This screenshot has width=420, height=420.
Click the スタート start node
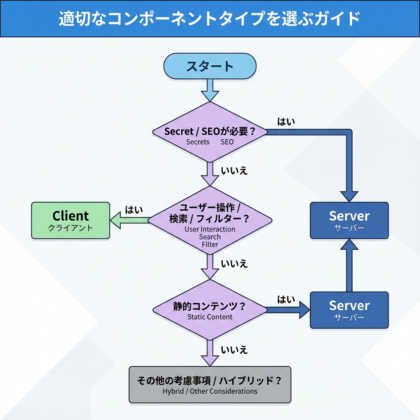coord(210,66)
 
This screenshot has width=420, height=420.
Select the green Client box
coord(71,220)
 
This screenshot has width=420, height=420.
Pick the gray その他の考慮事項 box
coord(210,385)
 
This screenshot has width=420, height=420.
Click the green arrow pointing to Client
coord(129,220)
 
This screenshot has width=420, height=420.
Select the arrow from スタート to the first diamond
coord(210,90)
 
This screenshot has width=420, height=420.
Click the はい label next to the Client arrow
coord(134,210)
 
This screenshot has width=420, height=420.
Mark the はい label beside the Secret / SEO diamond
coord(286,121)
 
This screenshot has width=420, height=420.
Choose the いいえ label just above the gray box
coord(234,350)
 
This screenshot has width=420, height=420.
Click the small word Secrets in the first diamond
coord(198,142)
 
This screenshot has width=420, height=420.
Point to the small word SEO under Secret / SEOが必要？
coord(227,142)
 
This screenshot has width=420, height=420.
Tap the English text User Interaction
coord(210,229)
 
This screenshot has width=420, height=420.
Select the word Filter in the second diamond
coord(210,244)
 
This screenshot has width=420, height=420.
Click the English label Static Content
coord(210,317)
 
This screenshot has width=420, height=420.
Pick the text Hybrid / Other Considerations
coord(210,391)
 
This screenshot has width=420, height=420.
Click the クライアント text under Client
coord(71,228)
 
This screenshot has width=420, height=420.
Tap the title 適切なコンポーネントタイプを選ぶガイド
coord(210,19)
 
